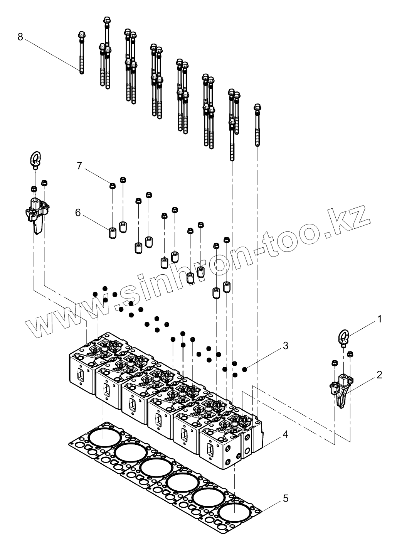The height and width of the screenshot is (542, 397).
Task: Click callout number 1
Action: click(x=379, y=319)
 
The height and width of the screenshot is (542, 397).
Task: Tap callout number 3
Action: click(x=285, y=346)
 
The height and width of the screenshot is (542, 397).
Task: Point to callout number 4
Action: click(x=285, y=434)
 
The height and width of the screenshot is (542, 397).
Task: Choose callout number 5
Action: click(x=285, y=498)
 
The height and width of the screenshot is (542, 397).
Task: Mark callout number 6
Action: click(x=78, y=213)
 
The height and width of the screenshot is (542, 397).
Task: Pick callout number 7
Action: click(x=79, y=166)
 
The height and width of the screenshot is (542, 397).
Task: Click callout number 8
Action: click(x=20, y=37)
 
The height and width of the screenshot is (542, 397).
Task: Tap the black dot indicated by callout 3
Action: click(x=244, y=370)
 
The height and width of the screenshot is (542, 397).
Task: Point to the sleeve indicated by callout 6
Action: click(x=112, y=233)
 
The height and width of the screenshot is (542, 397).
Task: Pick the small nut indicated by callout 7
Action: click(x=112, y=186)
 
